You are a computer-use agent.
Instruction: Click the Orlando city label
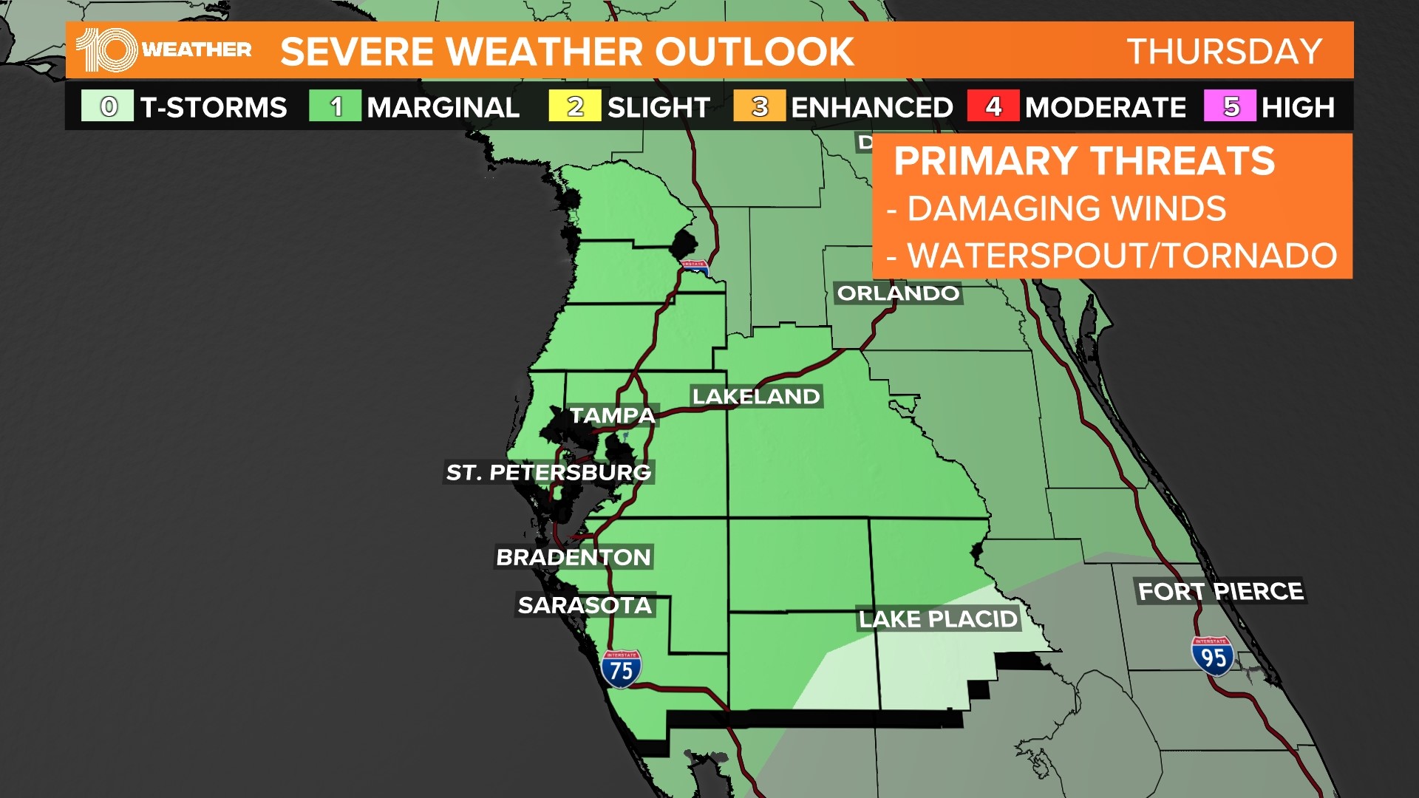point(898,293)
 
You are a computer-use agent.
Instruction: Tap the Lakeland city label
point(756,397)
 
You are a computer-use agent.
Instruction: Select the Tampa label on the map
point(613,416)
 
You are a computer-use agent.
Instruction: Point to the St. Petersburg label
point(548,472)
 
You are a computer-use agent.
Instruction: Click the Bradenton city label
point(574,557)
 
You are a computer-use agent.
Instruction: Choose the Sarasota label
point(585,605)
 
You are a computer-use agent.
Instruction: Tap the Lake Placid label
point(938,618)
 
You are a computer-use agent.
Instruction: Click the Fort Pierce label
point(1220,591)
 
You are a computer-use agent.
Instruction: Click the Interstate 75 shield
point(621,669)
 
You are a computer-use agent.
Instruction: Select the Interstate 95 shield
point(1213,655)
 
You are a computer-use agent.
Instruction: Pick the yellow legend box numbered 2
point(574,106)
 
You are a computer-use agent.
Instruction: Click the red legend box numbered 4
point(993,106)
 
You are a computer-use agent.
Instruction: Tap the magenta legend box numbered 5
point(1230,106)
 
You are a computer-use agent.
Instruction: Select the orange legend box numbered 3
point(759,106)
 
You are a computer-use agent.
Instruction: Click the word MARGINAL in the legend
point(443,108)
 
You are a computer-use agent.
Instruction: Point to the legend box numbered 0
point(108,106)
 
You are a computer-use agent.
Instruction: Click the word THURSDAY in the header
point(1225,52)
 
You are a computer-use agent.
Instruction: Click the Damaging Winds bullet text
point(1066,209)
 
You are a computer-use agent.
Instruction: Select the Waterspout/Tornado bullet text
point(1121,256)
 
